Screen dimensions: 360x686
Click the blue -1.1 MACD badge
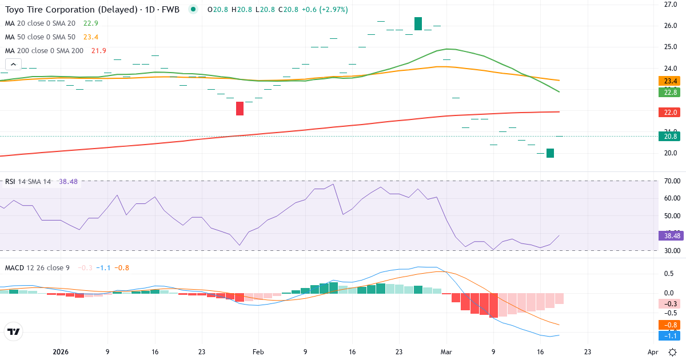point(668,335)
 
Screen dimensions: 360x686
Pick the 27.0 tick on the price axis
point(671,5)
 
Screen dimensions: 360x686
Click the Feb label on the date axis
point(258,352)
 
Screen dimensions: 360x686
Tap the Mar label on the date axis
point(446,352)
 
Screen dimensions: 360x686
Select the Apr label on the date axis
point(653,352)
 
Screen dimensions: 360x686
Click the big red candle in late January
point(240,108)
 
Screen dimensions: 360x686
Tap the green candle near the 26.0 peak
point(418,23)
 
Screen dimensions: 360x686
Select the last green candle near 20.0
point(550,153)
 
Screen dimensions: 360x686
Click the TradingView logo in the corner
point(14,331)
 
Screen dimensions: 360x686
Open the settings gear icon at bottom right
point(673,352)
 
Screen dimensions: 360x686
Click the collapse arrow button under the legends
point(13,65)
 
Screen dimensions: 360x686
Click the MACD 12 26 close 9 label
point(37,267)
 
